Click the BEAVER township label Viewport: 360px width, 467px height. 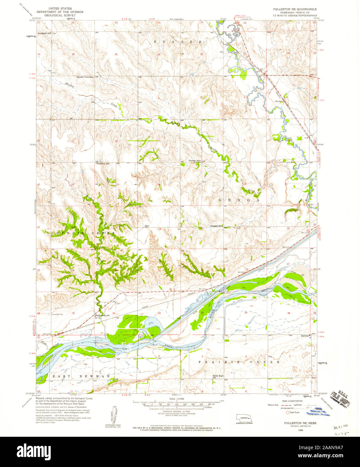click(178, 41)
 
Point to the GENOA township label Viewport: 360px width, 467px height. click(239, 200)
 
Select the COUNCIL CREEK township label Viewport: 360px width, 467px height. click(83, 233)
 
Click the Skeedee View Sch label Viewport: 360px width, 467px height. click(85, 77)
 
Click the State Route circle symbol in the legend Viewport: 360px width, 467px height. click(288, 412)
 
